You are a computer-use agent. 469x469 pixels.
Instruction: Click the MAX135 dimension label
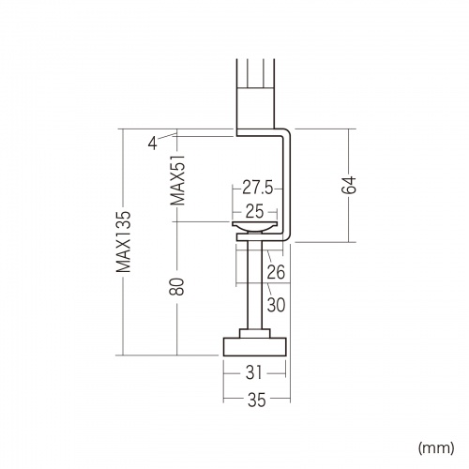[x=123, y=243]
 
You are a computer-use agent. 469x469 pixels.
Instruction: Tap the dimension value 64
[x=349, y=185]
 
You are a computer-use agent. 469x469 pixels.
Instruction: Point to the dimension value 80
[x=176, y=285]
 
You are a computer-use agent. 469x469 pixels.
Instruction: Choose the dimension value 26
[x=275, y=274]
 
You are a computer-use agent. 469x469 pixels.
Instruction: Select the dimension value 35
[x=254, y=401]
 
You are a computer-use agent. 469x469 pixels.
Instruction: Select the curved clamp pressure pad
[x=254, y=228]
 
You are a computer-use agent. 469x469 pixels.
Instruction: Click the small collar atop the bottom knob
[x=254, y=333]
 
